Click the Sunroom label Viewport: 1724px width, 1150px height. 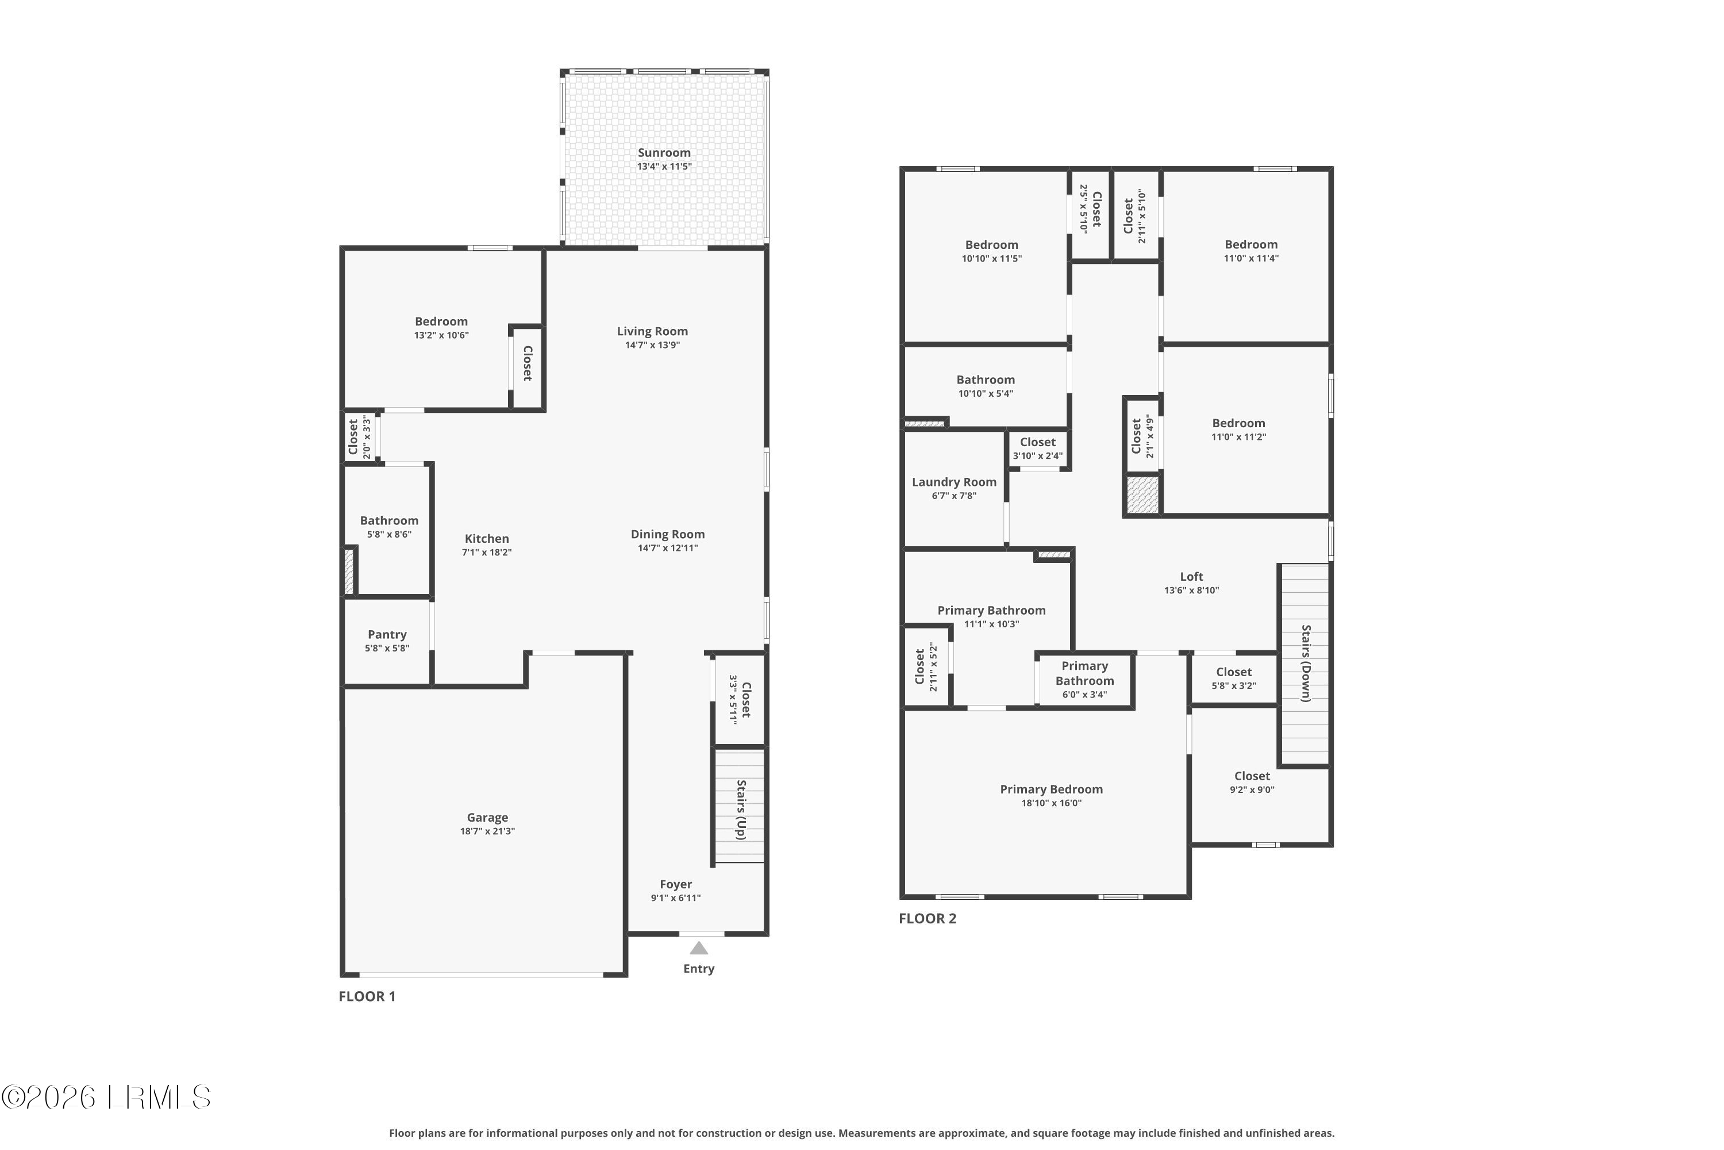pos(664,152)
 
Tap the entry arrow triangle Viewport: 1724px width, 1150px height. pos(699,948)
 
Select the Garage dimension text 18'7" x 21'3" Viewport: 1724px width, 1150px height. pos(487,831)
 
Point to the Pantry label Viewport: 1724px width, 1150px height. pos(387,634)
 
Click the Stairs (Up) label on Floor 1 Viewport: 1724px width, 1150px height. pos(741,810)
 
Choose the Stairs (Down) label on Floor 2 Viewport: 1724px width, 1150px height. pos(1306,664)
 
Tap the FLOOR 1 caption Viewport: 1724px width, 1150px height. pos(367,996)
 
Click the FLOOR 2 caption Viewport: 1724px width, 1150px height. pos(928,918)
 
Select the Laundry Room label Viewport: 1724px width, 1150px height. pos(955,482)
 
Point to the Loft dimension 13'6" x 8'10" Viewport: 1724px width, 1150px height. pos(1192,591)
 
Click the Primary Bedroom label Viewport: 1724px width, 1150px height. pos(1052,789)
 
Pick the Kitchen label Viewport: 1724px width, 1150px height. pos(487,538)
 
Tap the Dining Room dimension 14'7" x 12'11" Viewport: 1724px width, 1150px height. pos(668,549)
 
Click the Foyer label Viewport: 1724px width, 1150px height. pos(676,884)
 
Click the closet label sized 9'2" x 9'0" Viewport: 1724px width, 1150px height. pos(1253,776)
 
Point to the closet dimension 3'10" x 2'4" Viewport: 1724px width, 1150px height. pos(1038,456)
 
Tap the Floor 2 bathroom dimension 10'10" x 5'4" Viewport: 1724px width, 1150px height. pos(986,394)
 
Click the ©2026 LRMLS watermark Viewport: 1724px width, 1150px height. pos(106,1097)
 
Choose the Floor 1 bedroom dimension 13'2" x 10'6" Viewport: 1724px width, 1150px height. pos(441,336)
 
